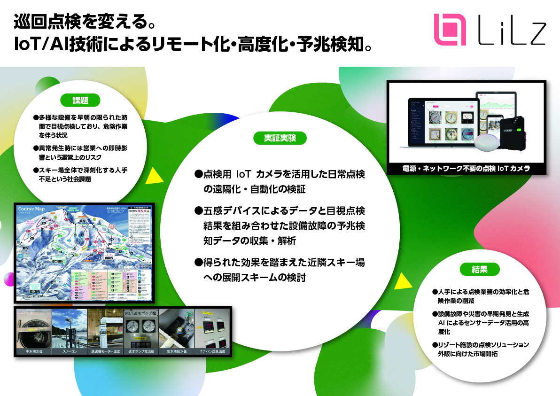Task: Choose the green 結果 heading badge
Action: pos(479,269)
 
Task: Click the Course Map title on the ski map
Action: pos(31,209)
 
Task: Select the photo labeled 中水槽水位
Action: pos(33,328)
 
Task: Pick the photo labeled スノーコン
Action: pos(70,328)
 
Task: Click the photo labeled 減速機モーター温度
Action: pos(105,328)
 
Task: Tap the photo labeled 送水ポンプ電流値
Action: pos(141,328)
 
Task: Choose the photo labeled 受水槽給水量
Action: pos(177,328)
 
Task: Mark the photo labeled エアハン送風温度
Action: pos(212,328)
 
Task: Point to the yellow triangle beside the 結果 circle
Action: pos(402,280)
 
